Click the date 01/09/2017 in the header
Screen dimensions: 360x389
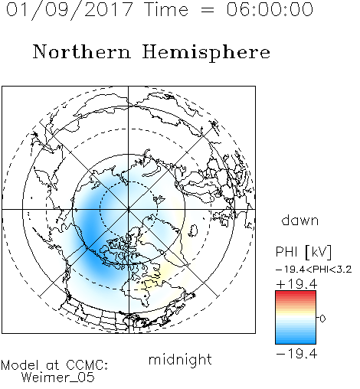coord(70,10)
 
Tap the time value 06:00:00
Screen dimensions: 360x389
coord(270,9)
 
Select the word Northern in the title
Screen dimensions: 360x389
coord(82,51)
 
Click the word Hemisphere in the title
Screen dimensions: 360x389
coord(206,53)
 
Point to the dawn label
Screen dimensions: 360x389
coord(300,220)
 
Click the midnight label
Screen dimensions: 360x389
coord(180,360)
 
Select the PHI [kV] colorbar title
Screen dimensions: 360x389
coord(304,252)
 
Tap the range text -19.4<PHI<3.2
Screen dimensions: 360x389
coord(314,270)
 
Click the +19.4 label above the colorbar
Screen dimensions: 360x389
coord(296,284)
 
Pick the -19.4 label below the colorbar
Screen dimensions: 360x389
coord(296,354)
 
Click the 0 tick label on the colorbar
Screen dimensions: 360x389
coord(322,319)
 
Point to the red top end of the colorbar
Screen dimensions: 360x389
coord(296,293)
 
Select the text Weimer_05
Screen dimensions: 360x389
coord(58,378)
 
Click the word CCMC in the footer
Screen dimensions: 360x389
coord(87,365)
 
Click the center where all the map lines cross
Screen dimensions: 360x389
coord(129,209)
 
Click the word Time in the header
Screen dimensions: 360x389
coord(166,9)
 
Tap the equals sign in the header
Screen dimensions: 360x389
coord(207,10)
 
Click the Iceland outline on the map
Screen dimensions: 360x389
coord(193,230)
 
